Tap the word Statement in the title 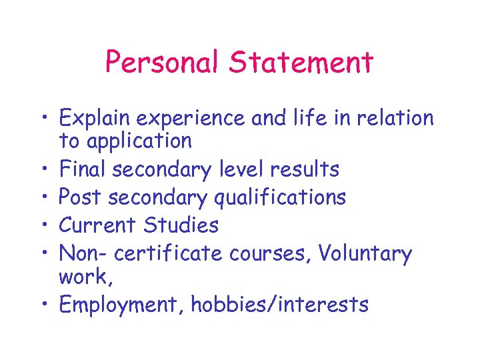tap(301, 63)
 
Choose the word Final tap(83, 169)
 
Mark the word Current tap(99, 225)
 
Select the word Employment tap(122, 305)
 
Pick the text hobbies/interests tap(279, 305)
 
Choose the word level tap(238, 169)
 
